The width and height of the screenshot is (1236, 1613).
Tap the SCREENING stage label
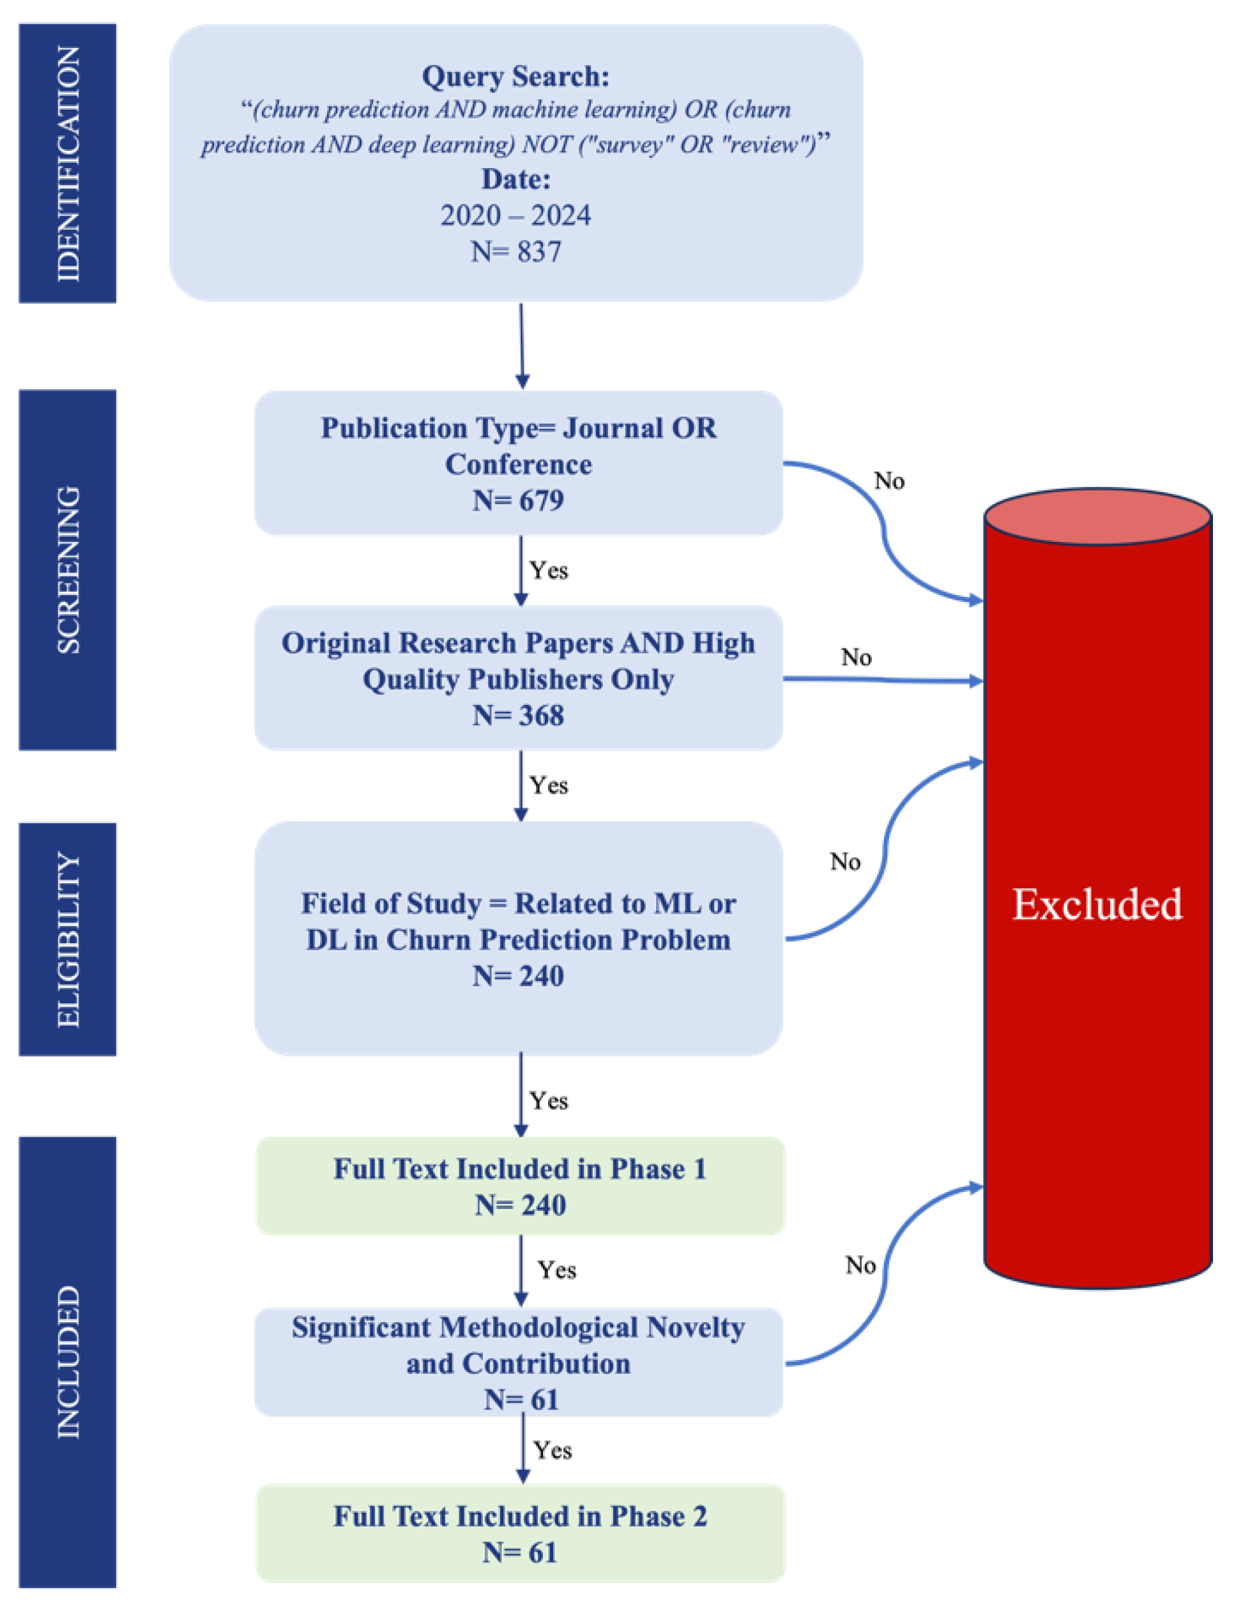pos(68,569)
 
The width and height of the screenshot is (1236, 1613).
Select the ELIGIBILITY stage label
pos(68,939)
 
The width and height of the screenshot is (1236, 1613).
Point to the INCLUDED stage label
pos(68,1362)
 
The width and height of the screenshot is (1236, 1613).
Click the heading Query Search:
pos(515,77)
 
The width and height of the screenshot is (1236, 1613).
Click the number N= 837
pos(515,252)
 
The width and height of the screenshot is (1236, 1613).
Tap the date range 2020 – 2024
pos(515,215)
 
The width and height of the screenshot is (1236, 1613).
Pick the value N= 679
pos(518,500)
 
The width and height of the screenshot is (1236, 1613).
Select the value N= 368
pos(518,715)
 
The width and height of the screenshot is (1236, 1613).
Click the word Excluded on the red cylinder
pos(1097,904)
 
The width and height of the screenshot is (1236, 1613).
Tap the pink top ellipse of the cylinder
pos(1097,516)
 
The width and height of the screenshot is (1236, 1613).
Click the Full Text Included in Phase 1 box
pos(520,1185)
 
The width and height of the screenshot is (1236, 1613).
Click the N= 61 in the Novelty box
pos(521,1400)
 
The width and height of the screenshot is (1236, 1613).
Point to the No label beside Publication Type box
pos(889,481)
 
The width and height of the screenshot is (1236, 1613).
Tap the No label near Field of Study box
pos(844,861)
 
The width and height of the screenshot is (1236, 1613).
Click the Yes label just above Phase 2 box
pos(553,1451)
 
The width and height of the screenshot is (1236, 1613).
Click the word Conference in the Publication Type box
pos(518,465)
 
